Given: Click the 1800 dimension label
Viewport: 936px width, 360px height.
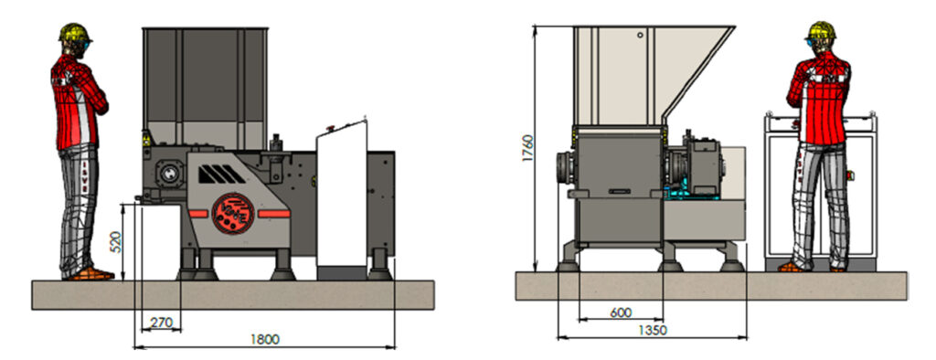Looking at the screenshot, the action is [264, 340].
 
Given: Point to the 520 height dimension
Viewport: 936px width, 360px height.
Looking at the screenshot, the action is [116, 242].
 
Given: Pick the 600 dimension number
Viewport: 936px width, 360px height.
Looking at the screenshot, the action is [621, 312].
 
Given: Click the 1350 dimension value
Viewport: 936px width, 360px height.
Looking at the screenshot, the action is [652, 330].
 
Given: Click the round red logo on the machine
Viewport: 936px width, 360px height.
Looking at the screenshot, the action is [233, 214].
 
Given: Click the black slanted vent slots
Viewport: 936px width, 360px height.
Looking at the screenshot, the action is [221, 175].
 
